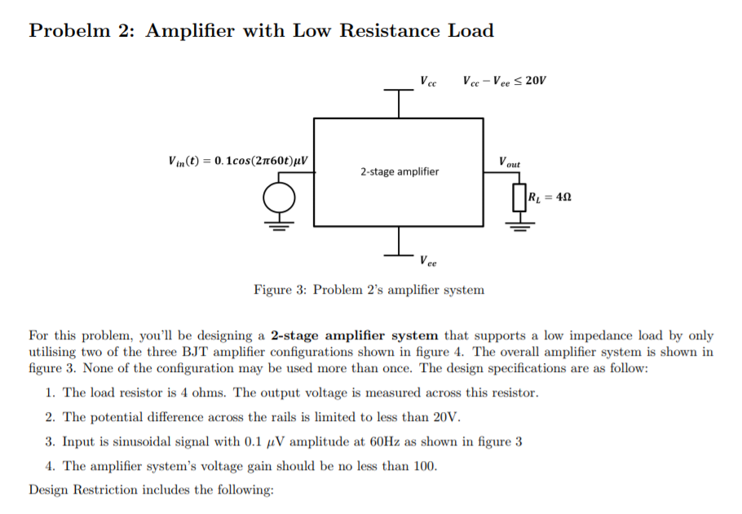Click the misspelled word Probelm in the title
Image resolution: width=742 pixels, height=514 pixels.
[69, 31]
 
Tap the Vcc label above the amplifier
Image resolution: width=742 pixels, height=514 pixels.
[428, 82]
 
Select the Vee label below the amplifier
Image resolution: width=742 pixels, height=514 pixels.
[428, 262]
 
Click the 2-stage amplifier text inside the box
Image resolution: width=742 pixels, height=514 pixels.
[399, 171]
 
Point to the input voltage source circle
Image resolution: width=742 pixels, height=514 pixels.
[279, 197]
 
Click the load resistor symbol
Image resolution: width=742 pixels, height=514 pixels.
[517, 197]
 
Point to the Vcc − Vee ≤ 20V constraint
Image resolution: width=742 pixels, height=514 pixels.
[504, 81]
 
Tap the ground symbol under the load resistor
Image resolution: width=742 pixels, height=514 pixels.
[517, 224]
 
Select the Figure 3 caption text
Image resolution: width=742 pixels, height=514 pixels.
[369, 290]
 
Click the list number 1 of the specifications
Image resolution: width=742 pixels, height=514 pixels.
[50, 392]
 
